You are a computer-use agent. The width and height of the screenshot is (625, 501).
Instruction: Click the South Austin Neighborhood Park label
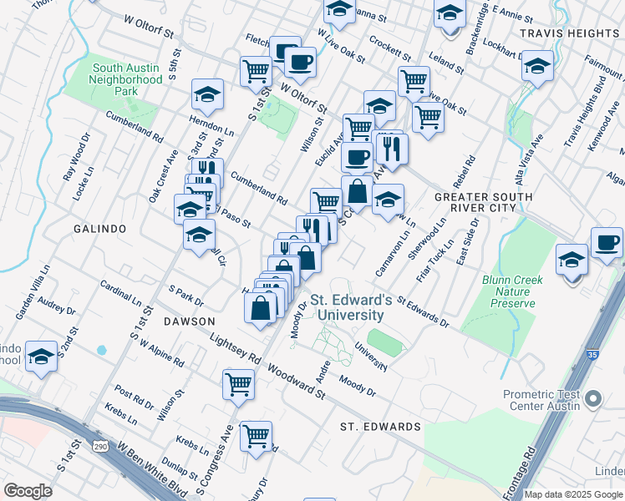127,79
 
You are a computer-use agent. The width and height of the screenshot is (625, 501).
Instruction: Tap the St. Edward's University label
347,307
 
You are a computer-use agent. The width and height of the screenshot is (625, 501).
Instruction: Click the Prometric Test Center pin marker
594,398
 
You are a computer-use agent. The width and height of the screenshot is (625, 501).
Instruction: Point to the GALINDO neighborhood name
99,228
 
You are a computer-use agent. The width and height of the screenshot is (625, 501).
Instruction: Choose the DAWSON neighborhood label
190,321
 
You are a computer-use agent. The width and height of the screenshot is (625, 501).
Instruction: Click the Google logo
28,491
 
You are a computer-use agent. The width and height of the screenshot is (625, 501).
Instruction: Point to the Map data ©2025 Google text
573,494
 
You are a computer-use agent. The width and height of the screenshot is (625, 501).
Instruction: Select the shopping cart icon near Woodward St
238,384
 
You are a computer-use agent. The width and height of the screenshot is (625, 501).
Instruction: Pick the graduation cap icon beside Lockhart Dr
538,65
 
